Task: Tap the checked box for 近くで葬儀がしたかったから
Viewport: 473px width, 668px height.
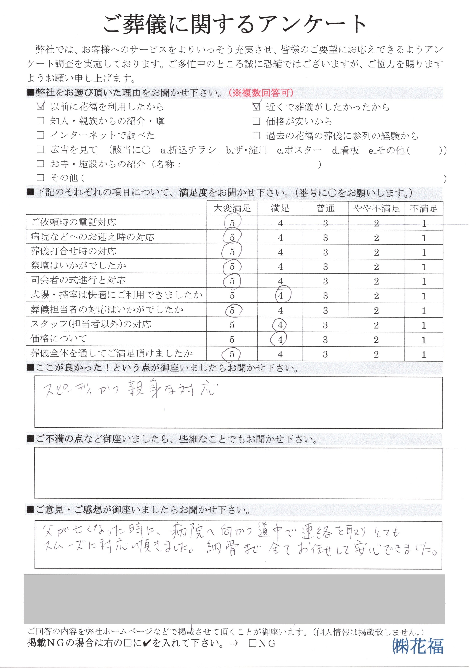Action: (x=256, y=107)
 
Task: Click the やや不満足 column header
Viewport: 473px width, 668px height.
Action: (x=376, y=208)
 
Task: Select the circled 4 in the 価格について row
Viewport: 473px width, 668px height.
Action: (x=280, y=339)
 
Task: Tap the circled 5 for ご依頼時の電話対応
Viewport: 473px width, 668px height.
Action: (x=232, y=223)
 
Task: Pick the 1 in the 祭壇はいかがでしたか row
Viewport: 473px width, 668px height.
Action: (x=424, y=267)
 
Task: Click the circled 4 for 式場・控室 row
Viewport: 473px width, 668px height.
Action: (x=280, y=296)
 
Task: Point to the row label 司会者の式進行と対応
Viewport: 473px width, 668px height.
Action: (x=78, y=280)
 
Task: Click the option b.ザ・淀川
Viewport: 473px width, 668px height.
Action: (x=246, y=150)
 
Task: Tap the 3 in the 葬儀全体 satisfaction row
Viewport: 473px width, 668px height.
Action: (x=325, y=354)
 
